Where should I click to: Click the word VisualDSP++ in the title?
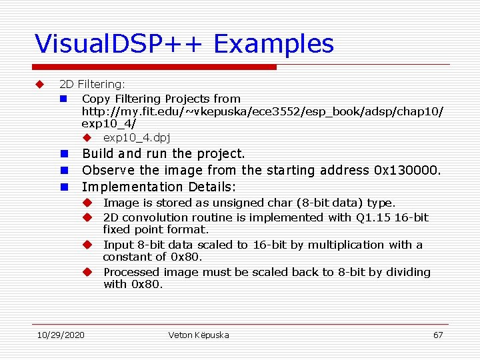click(120, 44)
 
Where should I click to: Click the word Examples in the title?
click(274, 44)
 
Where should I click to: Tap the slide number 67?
click(438, 335)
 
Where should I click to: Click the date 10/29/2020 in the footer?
click(61, 335)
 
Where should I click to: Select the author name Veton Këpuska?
click(199, 335)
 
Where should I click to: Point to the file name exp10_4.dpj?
click(137, 137)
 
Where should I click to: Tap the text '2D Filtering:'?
click(92, 84)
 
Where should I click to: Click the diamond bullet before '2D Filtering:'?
click(39, 84)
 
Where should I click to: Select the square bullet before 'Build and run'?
click(65, 153)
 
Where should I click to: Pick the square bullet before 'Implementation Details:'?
click(65, 187)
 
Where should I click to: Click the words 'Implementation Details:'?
click(159, 187)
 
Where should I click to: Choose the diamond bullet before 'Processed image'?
click(87, 272)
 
